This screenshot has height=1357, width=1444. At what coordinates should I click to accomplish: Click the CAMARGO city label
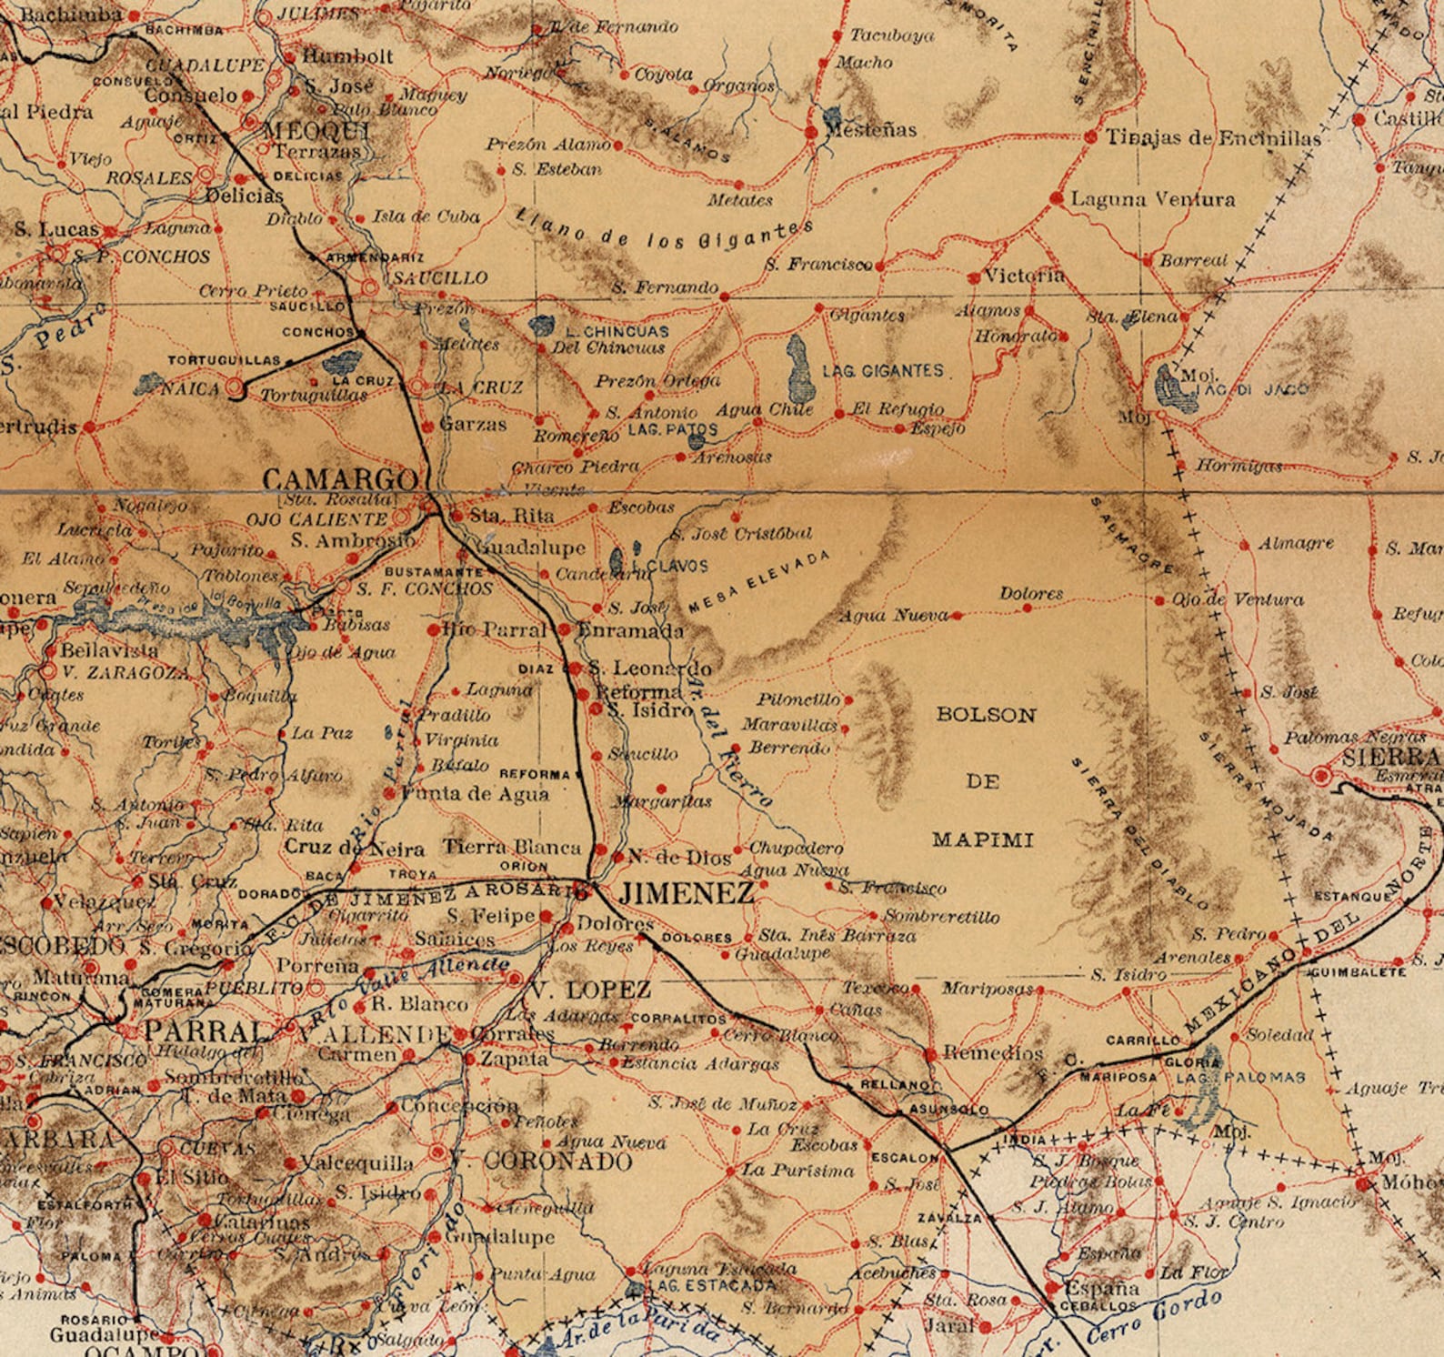pyautogui.click(x=340, y=479)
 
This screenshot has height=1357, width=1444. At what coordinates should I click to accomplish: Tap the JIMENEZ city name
pyautogui.click(x=687, y=893)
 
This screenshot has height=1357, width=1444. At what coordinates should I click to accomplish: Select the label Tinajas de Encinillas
pyautogui.click(x=1213, y=138)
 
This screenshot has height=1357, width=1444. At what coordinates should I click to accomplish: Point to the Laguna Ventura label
pyautogui.click(x=1153, y=199)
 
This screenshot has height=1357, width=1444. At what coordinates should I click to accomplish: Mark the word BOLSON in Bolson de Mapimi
pyautogui.click(x=986, y=715)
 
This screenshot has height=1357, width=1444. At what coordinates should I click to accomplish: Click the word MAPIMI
pyautogui.click(x=982, y=839)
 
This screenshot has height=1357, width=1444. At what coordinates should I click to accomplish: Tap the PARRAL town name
pyautogui.click(x=202, y=1031)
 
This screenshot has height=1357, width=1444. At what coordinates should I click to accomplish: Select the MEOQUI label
pyautogui.click(x=316, y=131)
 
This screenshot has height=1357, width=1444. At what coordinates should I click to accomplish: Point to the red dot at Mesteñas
pyautogui.click(x=811, y=133)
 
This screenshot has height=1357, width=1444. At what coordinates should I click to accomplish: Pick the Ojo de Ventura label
pyautogui.click(x=1237, y=599)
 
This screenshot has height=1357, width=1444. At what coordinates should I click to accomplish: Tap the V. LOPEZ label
pyautogui.click(x=591, y=990)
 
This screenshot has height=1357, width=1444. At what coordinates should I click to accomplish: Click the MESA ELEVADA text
pyautogui.click(x=760, y=581)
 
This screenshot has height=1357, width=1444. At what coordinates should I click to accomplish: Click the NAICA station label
pyautogui.click(x=190, y=389)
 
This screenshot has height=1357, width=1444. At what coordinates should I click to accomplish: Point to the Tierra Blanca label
pyautogui.click(x=511, y=847)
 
